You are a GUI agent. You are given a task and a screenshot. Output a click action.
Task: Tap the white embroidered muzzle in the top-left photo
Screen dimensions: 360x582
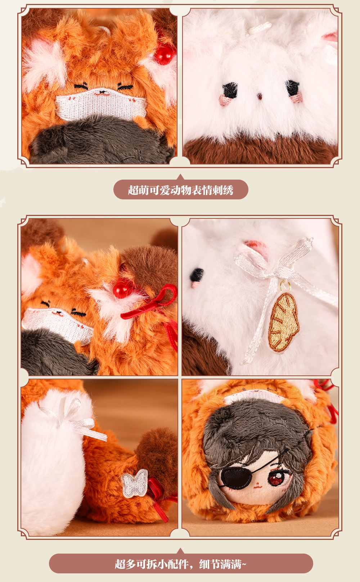pos(101,104)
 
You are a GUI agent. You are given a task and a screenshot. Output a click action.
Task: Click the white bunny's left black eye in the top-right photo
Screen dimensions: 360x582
pos(230,90)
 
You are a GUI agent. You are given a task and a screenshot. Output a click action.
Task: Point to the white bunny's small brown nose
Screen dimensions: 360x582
pos(260,96)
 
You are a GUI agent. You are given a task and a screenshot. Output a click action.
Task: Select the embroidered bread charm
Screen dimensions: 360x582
pos(283,322)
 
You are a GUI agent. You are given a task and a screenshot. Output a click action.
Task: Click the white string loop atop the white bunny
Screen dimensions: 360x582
pos(260,28)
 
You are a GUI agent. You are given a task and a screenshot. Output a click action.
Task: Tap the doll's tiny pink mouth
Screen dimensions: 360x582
pos(257,485)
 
